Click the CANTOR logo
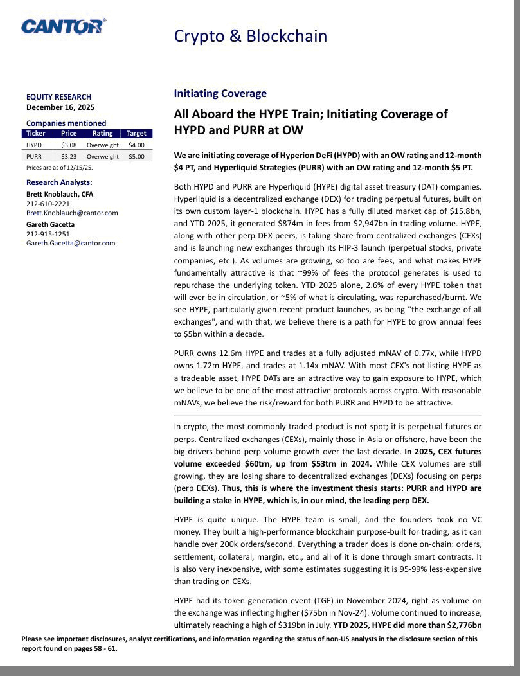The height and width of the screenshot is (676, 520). click(x=63, y=26)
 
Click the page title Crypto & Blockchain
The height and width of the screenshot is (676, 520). click(x=250, y=36)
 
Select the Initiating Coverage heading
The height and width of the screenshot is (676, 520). click(x=220, y=94)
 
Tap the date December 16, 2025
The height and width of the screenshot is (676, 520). click(x=60, y=107)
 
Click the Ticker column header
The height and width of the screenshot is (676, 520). click(x=36, y=134)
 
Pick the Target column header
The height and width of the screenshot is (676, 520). click(x=136, y=134)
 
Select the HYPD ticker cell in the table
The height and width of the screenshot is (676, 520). click(x=34, y=145)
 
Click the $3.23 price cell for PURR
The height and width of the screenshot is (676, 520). click(x=69, y=156)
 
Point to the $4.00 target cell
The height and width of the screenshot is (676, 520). click(x=136, y=145)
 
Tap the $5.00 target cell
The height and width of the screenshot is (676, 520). click(x=136, y=156)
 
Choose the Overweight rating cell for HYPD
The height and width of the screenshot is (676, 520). click(x=103, y=145)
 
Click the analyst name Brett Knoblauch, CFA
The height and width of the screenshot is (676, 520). click(x=60, y=194)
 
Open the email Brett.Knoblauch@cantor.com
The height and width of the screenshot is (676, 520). click(x=72, y=213)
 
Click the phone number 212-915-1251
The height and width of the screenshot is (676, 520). click(x=48, y=234)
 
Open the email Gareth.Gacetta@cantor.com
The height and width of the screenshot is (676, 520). click(x=71, y=243)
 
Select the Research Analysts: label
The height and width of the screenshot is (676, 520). click(x=59, y=182)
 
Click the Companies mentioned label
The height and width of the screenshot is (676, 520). click(x=66, y=123)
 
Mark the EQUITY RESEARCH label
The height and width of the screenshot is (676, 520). click(x=59, y=97)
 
